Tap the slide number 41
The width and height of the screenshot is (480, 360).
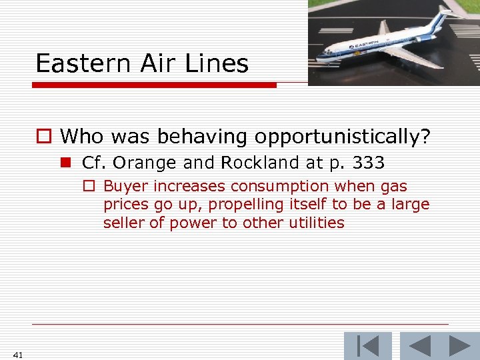coord(17,355)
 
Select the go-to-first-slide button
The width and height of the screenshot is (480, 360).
coord(368,346)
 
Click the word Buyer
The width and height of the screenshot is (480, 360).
coord(125,187)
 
